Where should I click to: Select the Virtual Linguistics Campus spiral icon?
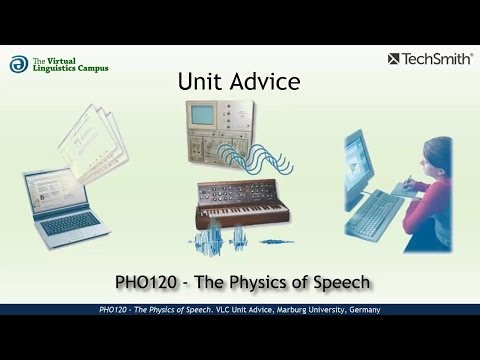(18, 64)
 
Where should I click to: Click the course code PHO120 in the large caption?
(147, 281)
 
